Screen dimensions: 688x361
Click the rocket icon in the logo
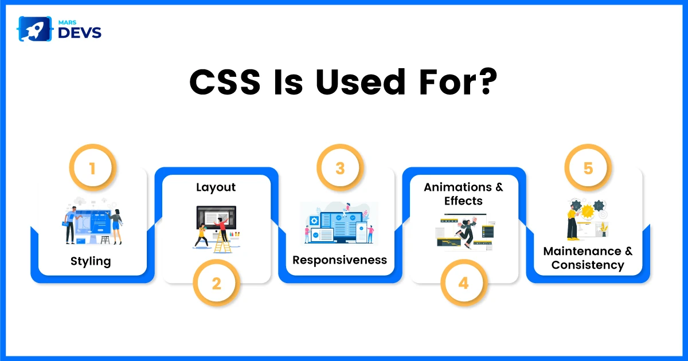click(34, 29)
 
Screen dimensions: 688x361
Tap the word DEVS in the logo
click(80, 33)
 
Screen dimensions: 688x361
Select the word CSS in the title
click(225, 82)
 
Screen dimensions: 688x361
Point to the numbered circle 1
click(92, 167)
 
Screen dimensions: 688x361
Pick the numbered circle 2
click(217, 283)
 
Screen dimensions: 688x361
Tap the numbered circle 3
click(340, 167)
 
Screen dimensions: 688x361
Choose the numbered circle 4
click(464, 283)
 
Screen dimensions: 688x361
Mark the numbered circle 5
click(588, 167)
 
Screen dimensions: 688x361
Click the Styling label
click(91, 261)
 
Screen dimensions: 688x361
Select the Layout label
click(216, 187)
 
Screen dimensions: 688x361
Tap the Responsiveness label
click(339, 260)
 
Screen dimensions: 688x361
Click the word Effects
click(463, 201)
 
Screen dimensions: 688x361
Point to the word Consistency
click(588, 265)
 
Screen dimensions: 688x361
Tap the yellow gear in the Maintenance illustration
click(588, 211)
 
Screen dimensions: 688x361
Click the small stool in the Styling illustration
click(105, 240)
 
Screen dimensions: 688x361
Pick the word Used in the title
click(360, 82)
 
